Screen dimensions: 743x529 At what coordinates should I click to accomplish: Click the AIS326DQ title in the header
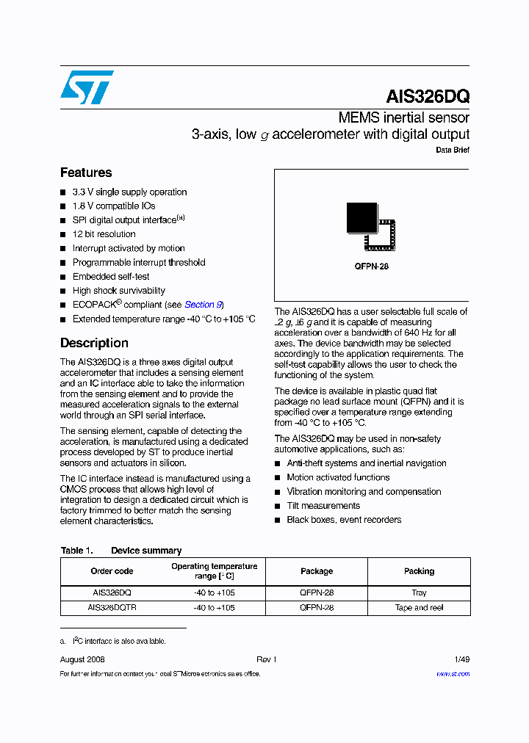pyautogui.click(x=427, y=96)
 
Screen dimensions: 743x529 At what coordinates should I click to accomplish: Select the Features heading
pyautogui.click(x=86, y=173)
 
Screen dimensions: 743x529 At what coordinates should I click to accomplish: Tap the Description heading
pyautogui.click(x=94, y=343)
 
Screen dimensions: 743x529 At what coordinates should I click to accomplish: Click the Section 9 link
pyautogui.click(x=204, y=305)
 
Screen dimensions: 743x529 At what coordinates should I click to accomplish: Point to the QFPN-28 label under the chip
pyautogui.click(x=371, y=267)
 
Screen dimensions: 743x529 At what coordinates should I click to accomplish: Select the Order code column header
pyautogui.click(x=112, y=571)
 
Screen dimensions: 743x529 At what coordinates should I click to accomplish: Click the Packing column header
pyautogui.click(x=419, y=571)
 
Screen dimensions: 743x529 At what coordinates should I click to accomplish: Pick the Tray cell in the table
pyautogui.click(x=419, y=592)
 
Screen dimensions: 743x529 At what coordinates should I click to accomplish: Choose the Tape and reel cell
pyautogui.click(x=419, y=608)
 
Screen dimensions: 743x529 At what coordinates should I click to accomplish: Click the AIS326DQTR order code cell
pyautogui.click(x=112, y=608)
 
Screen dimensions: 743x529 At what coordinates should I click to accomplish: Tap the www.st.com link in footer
pyautogui.click(x=453, y=674)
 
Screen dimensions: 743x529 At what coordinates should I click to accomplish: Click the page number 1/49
pyautogui.click(x=461, y=659)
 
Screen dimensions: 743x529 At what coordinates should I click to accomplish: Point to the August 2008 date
pyautogui.click(x=82, y=659)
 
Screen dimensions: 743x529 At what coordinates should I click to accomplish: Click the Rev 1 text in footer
pyautogui.click(x=266, y=659)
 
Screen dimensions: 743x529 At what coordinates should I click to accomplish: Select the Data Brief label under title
pyautogui.click(x=453, y=150)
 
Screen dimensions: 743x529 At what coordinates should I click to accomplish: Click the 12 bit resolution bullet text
pyautogui.click(x=104, y=234)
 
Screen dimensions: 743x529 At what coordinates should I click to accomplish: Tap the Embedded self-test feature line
pyautogui.click(x=110, y=277)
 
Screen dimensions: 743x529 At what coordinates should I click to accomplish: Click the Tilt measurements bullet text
pyautogui.click(x=323, y=506)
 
